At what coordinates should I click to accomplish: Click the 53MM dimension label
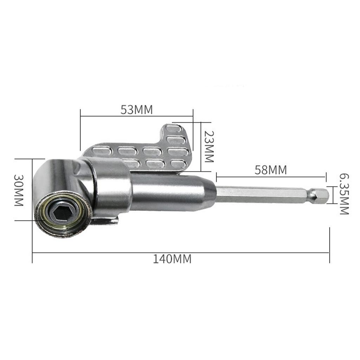(x=136, y=110)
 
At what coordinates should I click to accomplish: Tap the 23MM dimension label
(x=209, y=147)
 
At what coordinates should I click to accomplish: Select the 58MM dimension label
(x=271, y=170)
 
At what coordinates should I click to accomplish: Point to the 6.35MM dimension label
(x=343, y=194)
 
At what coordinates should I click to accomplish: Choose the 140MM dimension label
(x=172, y=259)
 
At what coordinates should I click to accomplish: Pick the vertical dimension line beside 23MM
(x=201, y=147)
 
